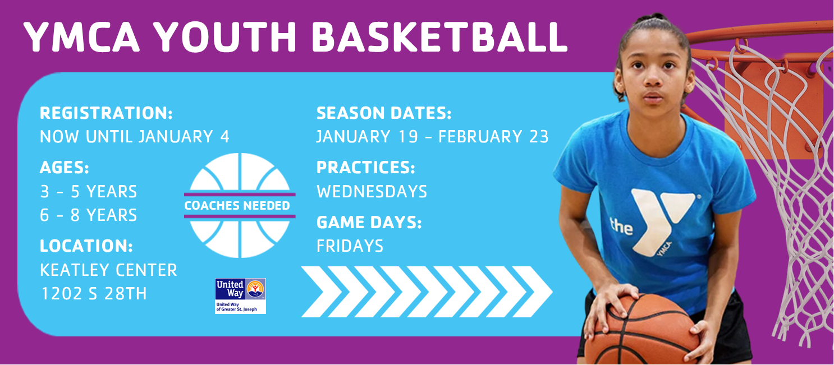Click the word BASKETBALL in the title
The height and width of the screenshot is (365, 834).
click(439, 37)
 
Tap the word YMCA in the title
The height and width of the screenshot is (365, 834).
click(81, 37)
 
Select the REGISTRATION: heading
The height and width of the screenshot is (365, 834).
click(106, 113)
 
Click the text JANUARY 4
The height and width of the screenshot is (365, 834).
click(184, 137)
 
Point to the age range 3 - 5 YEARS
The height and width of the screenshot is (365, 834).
click(89, 192)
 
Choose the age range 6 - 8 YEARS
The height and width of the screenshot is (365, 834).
click(89, 215)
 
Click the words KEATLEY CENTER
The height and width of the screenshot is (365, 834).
click(108, 270)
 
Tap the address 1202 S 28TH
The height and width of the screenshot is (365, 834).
click(94, 294)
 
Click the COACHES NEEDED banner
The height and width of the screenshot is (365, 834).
click(240, 205)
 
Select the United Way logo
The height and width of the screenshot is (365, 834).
click(240, 296)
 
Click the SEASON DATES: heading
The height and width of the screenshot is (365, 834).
click(384, 113)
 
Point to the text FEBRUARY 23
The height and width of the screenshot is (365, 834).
click(493, 137)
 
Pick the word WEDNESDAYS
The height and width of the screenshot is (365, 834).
click(372, 192)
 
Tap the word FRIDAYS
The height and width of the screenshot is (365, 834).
click(350, 246)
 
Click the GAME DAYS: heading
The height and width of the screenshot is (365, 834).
click(369, 223)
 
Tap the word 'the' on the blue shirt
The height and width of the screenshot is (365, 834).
click(621, 226)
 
